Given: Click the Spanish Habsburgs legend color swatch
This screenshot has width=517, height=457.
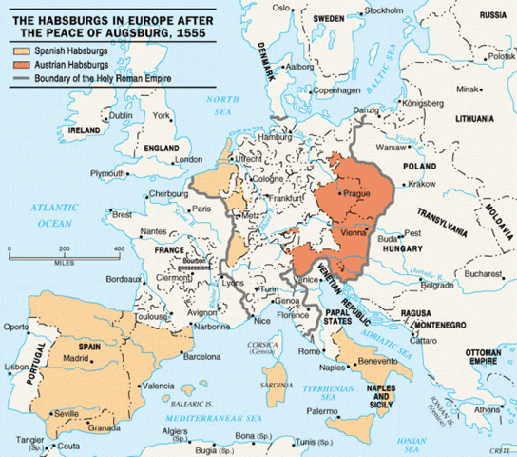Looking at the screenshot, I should point(22,48).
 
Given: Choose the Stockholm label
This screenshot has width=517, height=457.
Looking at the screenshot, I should point(383,10).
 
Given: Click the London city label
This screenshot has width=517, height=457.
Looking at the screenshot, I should point(190,159).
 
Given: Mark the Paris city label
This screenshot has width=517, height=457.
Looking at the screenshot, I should point(201,208).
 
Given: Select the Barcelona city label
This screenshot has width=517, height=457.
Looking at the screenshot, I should point(201,357).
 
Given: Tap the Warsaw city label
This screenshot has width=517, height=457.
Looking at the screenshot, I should point(392,149).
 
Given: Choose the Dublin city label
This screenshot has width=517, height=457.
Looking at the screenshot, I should point(120,115).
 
